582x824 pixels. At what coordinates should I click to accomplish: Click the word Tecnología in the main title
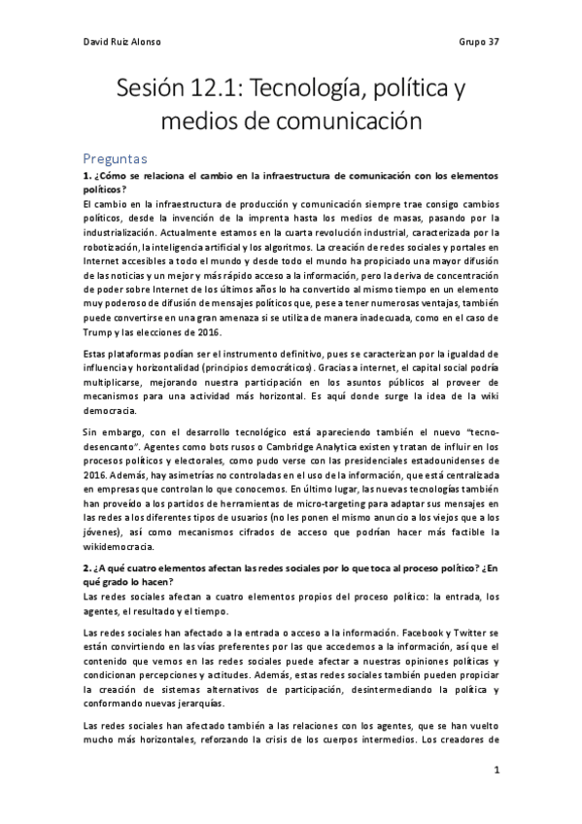[x=309, y=90]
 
